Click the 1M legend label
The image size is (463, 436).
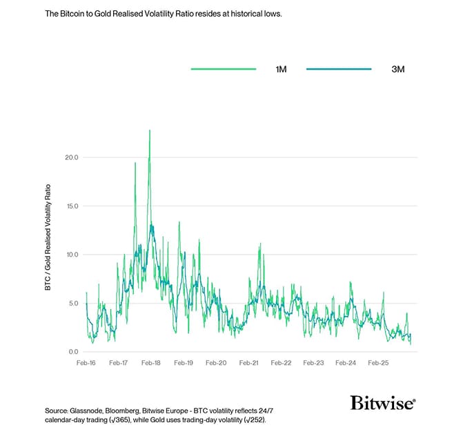(281, 69)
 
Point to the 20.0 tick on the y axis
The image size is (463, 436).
(72, 157)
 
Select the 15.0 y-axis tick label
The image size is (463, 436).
(72, 206)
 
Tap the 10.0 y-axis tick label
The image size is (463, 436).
(72, 255)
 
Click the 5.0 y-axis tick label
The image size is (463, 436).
(74, 303)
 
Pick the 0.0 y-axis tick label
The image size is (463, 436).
(74, 352)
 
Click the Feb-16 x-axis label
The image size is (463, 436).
(86, 362)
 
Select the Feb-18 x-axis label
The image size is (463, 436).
(151, 362)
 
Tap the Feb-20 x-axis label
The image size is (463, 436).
(216, 362)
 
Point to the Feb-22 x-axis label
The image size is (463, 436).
(281, 362)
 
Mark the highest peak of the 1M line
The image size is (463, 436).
(150, 130)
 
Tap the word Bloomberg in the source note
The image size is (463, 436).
(135, 410)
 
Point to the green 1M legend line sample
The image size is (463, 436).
(223, 69)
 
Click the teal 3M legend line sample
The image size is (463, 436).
(339, 69)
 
